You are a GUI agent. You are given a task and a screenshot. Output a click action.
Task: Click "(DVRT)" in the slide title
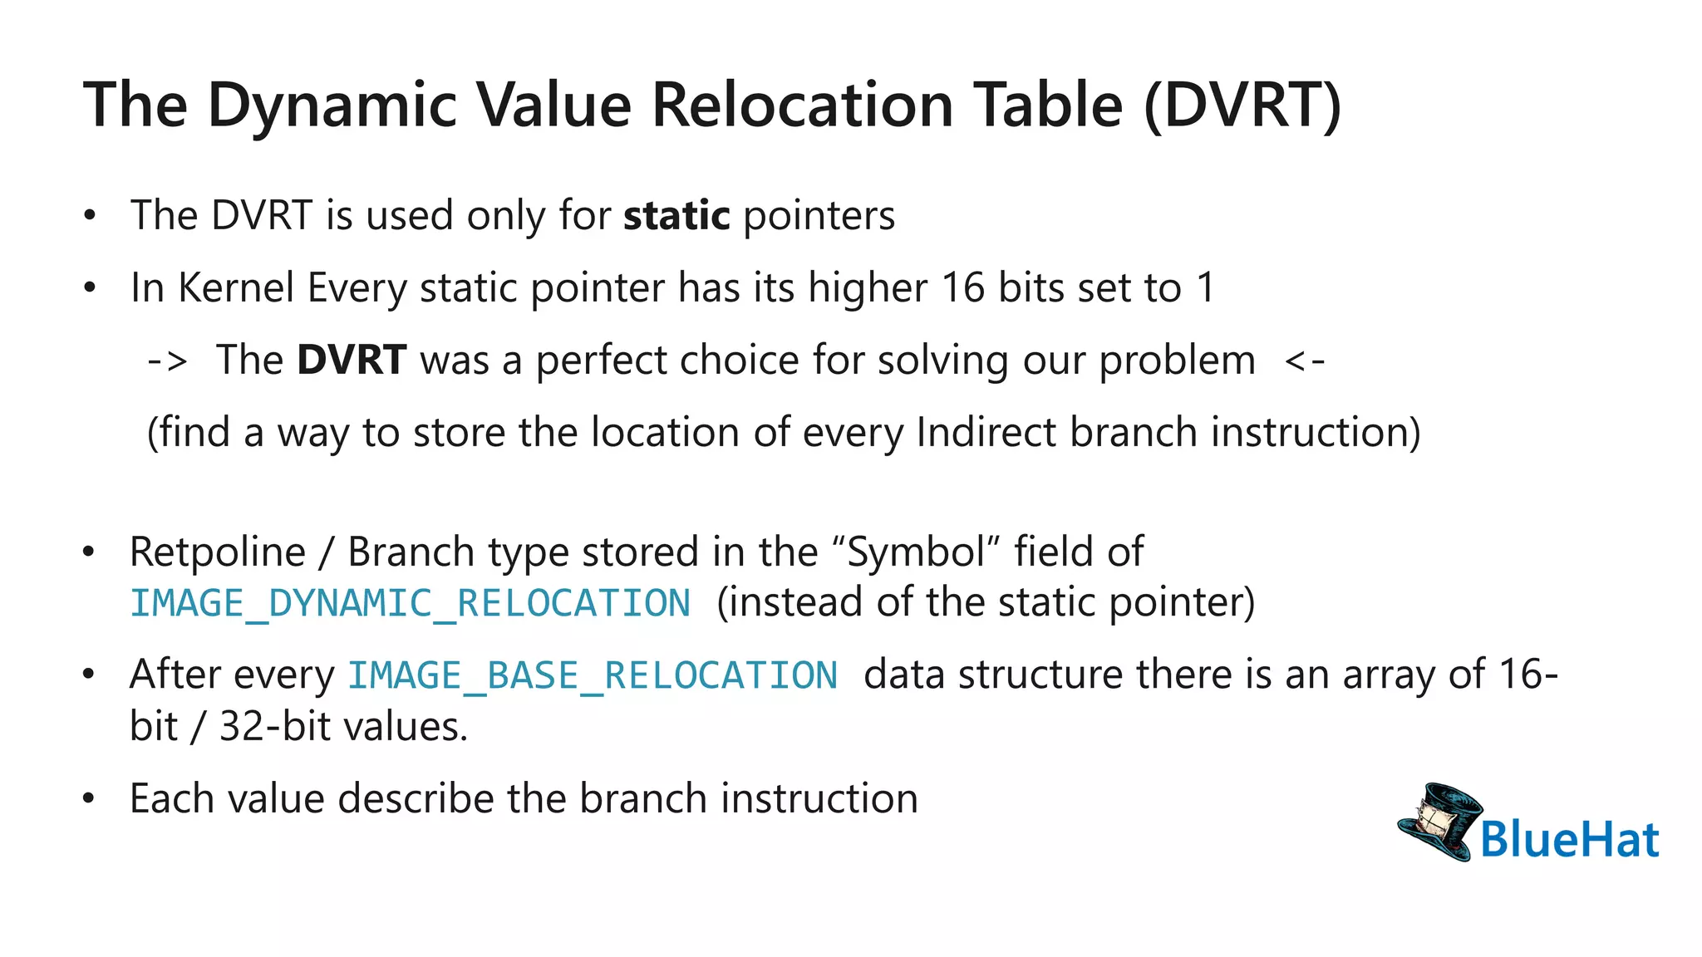[1242, 106]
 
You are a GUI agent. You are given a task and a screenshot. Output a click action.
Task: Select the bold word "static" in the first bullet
[676, 216]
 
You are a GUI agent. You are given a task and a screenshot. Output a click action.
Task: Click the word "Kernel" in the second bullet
[237, 288]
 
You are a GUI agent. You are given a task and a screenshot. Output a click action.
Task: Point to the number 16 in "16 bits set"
[962, 288]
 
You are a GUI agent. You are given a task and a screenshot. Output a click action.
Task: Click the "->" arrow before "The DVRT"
[167, 361]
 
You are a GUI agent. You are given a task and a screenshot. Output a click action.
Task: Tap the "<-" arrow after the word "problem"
[1304, 361]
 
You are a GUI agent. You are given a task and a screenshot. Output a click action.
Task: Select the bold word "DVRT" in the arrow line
[352, 361]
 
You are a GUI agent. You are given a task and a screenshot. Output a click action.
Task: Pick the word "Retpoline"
[218, 552]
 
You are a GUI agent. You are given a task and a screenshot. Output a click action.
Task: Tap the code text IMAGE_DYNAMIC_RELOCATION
[411, 604]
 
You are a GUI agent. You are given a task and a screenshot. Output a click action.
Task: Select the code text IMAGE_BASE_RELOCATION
[592, 675]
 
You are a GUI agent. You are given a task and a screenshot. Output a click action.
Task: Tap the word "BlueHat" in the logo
[1569, 839]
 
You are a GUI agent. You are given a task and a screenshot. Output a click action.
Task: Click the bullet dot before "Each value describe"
[90, 799]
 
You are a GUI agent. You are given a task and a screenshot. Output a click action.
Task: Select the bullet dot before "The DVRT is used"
[90, 216]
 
